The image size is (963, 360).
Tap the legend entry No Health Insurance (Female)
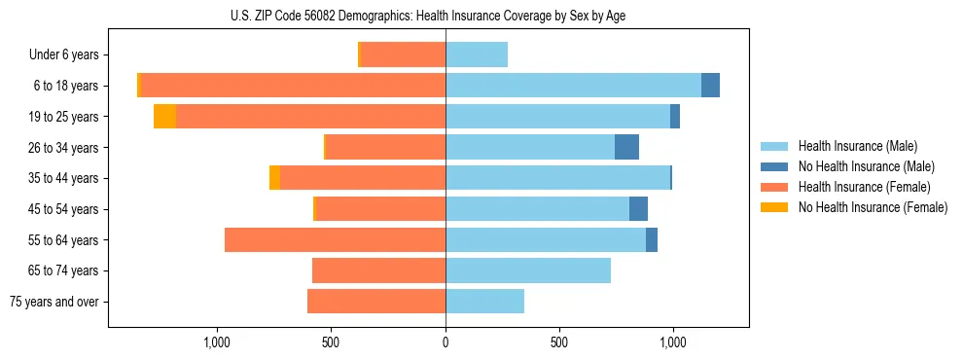coord(873,207)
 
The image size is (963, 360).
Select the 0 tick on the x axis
coord(446,342)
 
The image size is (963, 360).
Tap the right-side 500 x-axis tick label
coord(558,342)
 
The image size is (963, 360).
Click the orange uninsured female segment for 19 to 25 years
coord(164,117)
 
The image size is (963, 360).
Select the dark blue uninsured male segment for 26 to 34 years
coord(626,148)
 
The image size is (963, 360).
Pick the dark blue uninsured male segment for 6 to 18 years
coord(710,86)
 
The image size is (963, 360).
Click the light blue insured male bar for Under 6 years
coord(477,55)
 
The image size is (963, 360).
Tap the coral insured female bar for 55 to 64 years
coord(335,240)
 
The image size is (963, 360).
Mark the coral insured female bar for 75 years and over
coord(376,302)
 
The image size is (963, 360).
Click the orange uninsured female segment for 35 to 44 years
coord(274,178)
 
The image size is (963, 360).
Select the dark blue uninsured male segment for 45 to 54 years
coord(638,209)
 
